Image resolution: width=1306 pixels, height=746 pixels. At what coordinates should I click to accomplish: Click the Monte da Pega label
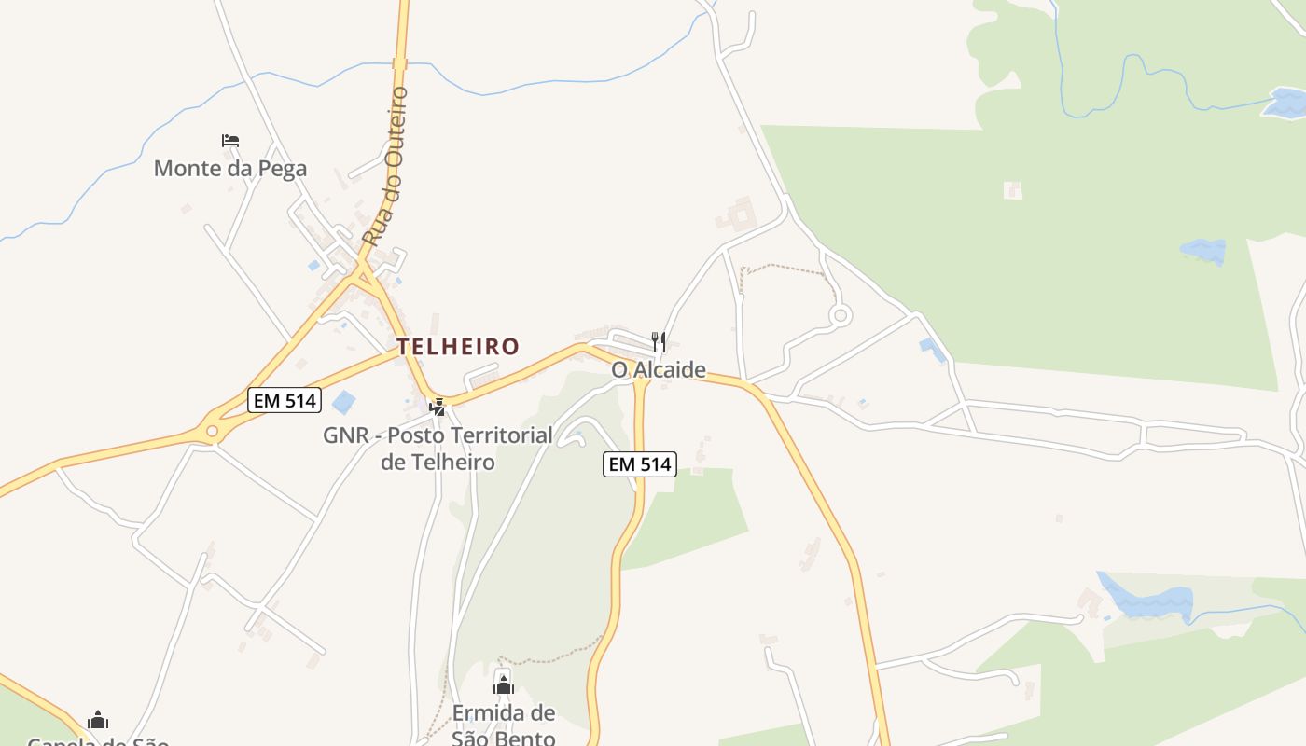point(229,169)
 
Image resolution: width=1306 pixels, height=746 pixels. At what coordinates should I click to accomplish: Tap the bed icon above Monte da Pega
point(230,141)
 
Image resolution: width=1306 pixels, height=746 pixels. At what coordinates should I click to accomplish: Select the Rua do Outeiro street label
point(386,166)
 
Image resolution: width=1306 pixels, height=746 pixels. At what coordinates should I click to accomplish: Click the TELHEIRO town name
point(458,347)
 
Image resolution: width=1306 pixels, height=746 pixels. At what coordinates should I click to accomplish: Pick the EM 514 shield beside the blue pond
point(285,401)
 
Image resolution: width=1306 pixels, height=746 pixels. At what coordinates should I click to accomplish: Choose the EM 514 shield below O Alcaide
point(639,463)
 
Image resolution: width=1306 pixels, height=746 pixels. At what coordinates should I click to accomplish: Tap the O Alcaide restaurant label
point(659,370)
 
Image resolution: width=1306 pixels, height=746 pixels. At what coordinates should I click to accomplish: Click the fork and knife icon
point(659,341)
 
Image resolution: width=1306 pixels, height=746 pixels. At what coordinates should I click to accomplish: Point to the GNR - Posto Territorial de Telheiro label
point(438,448)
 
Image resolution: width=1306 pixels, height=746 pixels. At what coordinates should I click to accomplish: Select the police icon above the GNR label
point(437,407)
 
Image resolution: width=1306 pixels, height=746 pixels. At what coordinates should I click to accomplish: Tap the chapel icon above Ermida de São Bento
point(504,685)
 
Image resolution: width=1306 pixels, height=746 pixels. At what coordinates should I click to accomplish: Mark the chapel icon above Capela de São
point(98,720)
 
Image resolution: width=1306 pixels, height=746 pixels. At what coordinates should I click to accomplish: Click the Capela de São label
point(98,741)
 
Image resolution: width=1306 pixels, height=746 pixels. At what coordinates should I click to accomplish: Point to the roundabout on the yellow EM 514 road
point(212,431)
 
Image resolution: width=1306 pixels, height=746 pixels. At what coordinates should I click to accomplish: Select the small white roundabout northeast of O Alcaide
point(840,315)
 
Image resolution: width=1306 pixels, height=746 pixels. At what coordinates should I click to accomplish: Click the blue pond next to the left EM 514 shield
point(344,403)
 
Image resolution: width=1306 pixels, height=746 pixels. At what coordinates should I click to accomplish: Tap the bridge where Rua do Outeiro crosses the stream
point(401,63)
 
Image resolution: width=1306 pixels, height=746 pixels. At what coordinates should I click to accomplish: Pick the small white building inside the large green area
point(1012,190)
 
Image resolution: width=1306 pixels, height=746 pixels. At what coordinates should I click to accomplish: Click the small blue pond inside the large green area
point(1203,250)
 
